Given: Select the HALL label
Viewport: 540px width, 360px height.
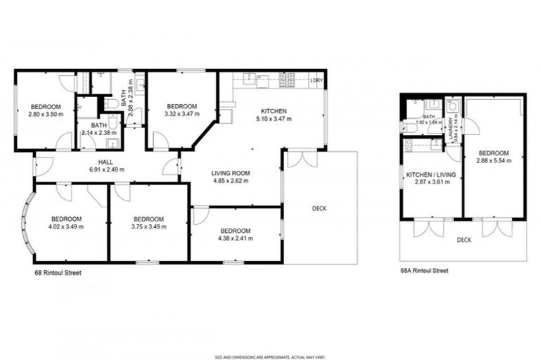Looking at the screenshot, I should pyautogui.click(x=106, y=162).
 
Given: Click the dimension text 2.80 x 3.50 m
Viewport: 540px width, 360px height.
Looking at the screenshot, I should pyautogui.click(x=45, y=114).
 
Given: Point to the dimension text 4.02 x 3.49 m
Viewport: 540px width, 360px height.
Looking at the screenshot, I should pyautogui.click(x=66, y=226).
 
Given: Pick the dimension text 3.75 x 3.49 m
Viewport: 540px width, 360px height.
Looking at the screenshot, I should pyautogui.click(x=148, y=226).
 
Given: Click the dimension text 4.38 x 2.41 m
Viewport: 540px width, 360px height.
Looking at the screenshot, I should pyautogui.click(x=235, y=238).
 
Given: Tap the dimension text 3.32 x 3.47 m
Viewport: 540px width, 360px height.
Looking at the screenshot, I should pyautogui.click(x=181, y=114).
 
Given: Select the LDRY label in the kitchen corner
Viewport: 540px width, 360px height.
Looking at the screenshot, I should pyautogui.click(x=317, y=82).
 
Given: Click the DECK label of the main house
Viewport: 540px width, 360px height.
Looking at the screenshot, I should pyautogui.click(x=320, y=207).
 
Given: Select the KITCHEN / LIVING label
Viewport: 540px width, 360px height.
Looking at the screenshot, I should pyautogui.click(x=430, y=174).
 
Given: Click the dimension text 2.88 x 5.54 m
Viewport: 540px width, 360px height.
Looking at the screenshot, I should pyautogui.click(x=494, y=160).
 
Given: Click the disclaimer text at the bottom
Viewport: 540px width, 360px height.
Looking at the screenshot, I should pyautogui.click(x=270, y=356).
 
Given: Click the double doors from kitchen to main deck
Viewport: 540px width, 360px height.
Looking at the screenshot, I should pyautogui.click(x=302, y=159).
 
